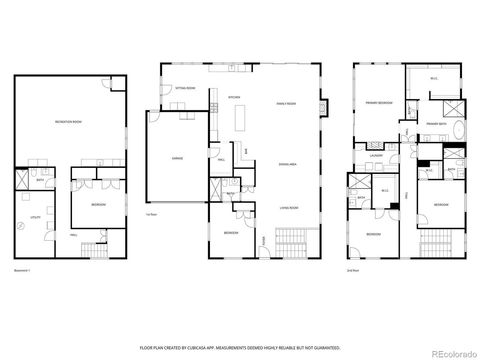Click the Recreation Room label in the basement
pyautogui.click(x=68, y=122)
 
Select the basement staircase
pyautogui.click(x=93, y=247)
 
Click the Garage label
pyautogui.click(x=178, y=160)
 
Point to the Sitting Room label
pyautogui.click(x=184, y=89)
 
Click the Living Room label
pyautogui.click(x=288, y=208)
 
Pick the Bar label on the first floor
pyautogui.click(x=246, y=152)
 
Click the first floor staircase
pyautogui.click(x=264, y=241)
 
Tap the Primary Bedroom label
pyautogui.click(x=378, y=102)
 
